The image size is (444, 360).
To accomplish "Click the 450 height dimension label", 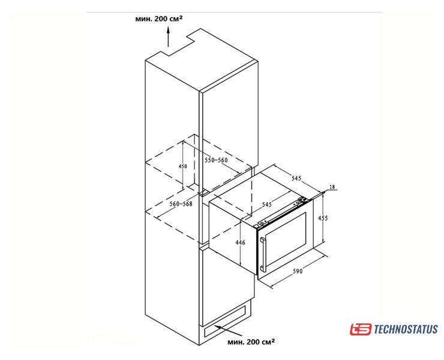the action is [183, 166].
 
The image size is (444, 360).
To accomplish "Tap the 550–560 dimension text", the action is [216, 160].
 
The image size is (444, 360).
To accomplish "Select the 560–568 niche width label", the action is [181, 203].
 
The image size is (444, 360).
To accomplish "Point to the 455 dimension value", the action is [323, 218].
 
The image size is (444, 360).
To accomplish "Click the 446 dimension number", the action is [241, 242].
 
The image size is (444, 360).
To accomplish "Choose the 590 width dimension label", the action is [298, 271].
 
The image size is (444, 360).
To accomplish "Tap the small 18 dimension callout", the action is [332, 187].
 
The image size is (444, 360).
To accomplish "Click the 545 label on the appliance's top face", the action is [267, 204].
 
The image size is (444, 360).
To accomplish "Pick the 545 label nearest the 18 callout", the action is [296, 178].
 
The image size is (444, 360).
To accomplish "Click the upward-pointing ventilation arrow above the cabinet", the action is [169, 36].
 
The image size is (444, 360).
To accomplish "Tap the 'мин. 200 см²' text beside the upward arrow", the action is [159, 19].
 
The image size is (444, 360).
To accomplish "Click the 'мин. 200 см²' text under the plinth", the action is [251, 341].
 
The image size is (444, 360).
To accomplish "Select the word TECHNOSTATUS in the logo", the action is [406, 329].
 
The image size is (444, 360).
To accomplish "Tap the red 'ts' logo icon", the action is [360, 329].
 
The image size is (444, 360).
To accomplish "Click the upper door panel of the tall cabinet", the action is [229, 128].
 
